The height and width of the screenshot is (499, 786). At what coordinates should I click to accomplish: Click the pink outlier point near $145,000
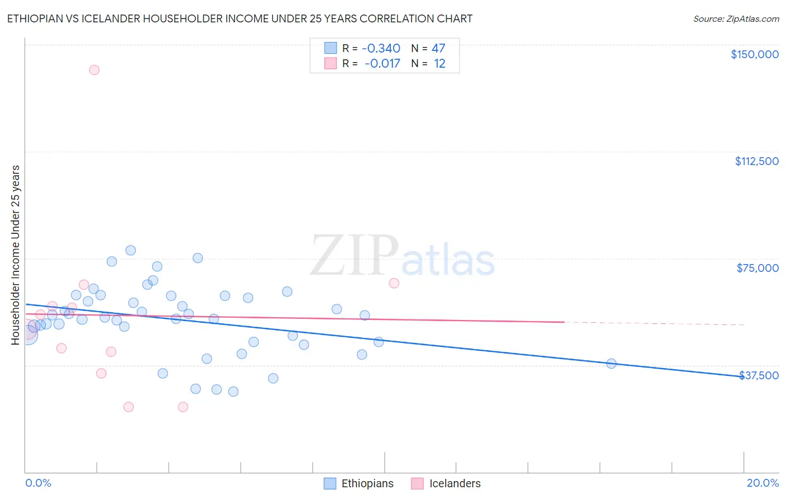(94, 70)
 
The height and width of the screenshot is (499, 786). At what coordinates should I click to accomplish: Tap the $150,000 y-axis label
(754, 54)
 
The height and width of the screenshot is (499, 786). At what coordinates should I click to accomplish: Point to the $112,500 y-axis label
(756, 161)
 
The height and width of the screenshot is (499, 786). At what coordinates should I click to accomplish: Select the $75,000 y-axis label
(757, 268)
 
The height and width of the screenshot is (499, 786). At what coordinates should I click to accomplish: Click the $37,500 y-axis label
(759, 375)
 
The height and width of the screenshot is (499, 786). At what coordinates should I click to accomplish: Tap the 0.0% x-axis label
(38, 483)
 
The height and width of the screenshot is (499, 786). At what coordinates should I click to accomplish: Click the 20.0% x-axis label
(763, 483)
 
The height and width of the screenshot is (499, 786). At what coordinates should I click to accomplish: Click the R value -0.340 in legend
(381, 48)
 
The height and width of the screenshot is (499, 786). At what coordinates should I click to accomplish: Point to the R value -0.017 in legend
(382, 63)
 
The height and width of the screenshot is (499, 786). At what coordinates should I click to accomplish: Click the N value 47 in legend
(438, 48)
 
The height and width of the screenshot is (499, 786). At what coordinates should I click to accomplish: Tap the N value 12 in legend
(439, 63)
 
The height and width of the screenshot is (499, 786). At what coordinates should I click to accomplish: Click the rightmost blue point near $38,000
(611, 364)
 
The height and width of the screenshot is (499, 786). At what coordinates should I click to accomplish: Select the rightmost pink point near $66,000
(394, 283)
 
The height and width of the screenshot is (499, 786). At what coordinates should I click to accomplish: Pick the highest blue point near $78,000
(131, 250)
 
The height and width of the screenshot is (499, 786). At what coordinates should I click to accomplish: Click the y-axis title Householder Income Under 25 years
(16, 255)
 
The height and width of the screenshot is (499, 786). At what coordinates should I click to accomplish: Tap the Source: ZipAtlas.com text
(736, 18)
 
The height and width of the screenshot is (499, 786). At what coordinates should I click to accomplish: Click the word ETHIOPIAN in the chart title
(37, 18)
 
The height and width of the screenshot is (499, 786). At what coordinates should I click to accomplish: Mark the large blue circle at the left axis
(27, 335)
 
